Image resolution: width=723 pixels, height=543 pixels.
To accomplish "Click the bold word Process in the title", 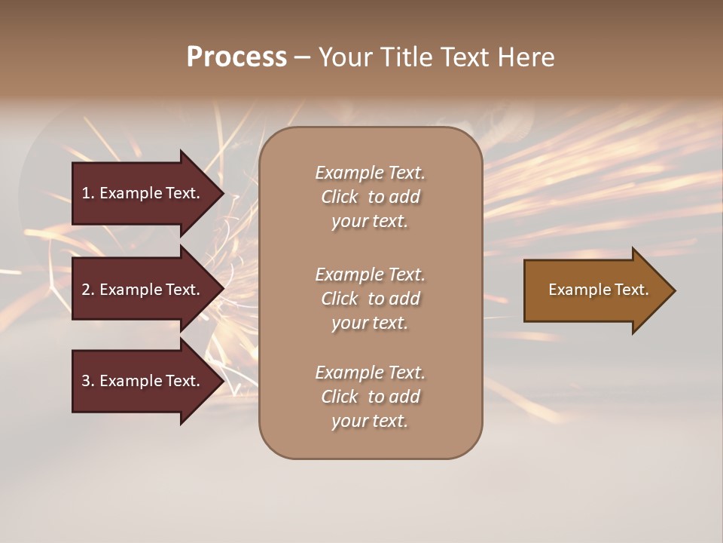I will point(236,57).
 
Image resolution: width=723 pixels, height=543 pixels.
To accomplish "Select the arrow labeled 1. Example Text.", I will point(141,193).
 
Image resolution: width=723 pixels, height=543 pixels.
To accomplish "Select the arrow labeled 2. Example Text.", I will point(141,290).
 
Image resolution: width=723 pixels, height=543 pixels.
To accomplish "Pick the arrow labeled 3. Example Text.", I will point(141,381).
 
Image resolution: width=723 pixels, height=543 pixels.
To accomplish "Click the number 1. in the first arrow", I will point(88,193).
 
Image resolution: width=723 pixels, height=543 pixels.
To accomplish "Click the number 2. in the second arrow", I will point(88,290).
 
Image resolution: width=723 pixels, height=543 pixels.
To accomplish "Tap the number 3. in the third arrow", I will point(88,381).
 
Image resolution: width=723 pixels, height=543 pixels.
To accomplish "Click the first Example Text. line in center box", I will point(370,173).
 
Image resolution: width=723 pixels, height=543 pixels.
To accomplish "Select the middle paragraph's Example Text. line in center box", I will point(370,275).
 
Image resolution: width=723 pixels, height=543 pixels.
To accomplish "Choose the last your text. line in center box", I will point(370,422).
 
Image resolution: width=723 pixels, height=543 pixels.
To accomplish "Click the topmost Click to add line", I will point(370,197).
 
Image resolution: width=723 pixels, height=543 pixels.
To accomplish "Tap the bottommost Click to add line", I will point(370,397).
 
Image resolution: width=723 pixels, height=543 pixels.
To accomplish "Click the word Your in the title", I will point(343,57).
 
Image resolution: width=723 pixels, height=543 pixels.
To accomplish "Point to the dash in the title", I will point(301,58).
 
